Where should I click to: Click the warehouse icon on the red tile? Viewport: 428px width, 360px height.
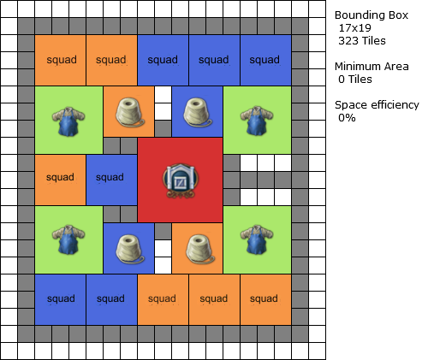[x=180, y=180]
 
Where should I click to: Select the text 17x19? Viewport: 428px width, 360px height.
[x=354, y=28]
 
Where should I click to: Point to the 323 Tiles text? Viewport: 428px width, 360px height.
[x=362, y=41]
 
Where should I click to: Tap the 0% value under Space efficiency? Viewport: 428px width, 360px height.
[x=347, y=118]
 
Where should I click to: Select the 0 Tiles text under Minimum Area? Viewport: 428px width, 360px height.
[x=355, y=80]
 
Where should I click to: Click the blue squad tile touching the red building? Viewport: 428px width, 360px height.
[x=111, y=180]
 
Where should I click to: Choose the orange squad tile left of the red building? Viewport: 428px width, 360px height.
[x=60, y=180]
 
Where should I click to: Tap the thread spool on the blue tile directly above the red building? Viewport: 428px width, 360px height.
[x=197, y=113]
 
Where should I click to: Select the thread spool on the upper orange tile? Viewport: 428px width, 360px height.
[x=130, y=112]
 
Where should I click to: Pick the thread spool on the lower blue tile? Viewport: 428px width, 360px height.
[x=130, y=249]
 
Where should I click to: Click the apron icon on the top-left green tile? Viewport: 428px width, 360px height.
[x=68, y=121]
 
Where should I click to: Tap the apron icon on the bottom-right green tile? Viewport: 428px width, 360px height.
[x=257, y=240]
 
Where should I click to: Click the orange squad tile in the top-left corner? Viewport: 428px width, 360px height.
[x=60, y=60]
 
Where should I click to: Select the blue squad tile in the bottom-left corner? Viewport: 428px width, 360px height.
[x=60, y=299]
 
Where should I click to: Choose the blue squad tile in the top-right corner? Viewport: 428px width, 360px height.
[x=265, y=60]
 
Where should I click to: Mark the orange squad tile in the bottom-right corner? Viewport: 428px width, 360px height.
[x=265, y=299]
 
